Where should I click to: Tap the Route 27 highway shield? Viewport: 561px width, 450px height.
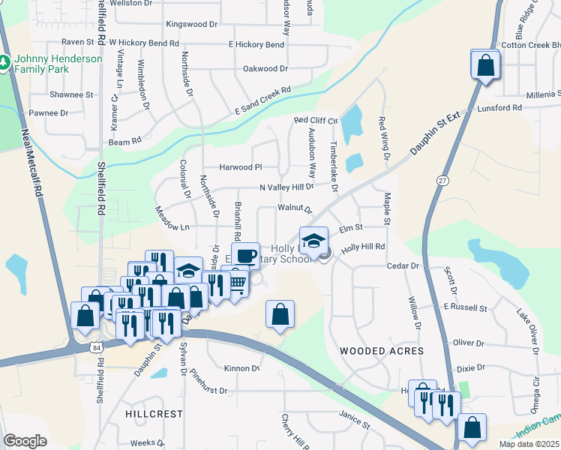(x=442, y=181)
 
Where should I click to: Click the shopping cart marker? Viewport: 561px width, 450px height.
(x=236, y=283)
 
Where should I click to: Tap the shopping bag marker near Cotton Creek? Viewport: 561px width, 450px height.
(x=485, y=64)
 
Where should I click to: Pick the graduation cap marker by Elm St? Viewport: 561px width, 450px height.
(x=313, y=241)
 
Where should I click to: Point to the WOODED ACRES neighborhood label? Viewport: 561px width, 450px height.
(x=382, y=351)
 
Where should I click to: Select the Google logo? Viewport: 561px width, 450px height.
(x=25, y=441)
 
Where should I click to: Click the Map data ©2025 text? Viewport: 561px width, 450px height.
(x=529, y=444)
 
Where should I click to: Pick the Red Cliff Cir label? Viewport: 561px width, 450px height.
(x=316, y=120)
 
